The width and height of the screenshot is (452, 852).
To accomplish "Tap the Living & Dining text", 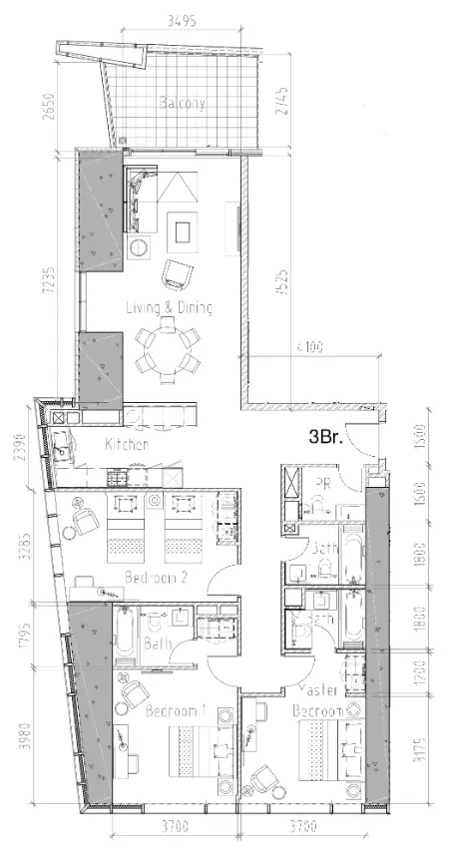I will (x=169, y=308).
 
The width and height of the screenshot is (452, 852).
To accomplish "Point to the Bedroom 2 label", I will (x=152, y=577).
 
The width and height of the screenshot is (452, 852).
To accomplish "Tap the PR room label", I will (x=322, y=482).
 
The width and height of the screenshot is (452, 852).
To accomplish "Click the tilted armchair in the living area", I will (x=177, y=271).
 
